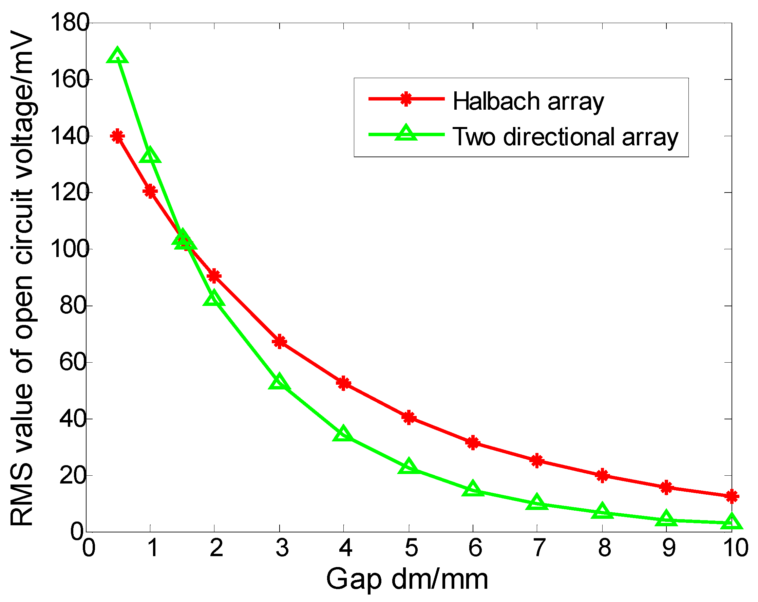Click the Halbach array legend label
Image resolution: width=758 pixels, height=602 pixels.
pos(528,102)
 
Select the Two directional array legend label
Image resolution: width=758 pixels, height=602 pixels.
pos(565,137)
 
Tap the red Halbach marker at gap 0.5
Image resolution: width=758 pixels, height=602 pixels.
pos(117,136)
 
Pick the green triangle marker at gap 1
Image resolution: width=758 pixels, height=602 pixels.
pos(150,156)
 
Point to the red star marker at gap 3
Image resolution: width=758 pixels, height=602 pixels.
pos(280,342)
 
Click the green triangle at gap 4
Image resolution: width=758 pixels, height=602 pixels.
pos(344,434)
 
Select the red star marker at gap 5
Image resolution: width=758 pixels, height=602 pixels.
pos(409,418)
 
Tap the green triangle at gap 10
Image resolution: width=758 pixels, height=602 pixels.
pos(732,522)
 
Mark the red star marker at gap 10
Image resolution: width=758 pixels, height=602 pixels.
pos(732,496)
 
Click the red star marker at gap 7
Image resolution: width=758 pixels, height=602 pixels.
pos(537,460)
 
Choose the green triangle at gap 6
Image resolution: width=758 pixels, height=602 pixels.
pos(473,489)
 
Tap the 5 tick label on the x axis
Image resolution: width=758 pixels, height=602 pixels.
pos(410,548)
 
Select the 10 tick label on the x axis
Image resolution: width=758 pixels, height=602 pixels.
pos(736,548)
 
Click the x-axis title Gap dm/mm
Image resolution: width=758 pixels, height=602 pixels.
pos(407,580)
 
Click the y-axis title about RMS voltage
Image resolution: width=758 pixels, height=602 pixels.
pos(22,278)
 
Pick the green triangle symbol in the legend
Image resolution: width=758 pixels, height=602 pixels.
pos(406,133)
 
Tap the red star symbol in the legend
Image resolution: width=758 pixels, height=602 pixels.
pos(406,99)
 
